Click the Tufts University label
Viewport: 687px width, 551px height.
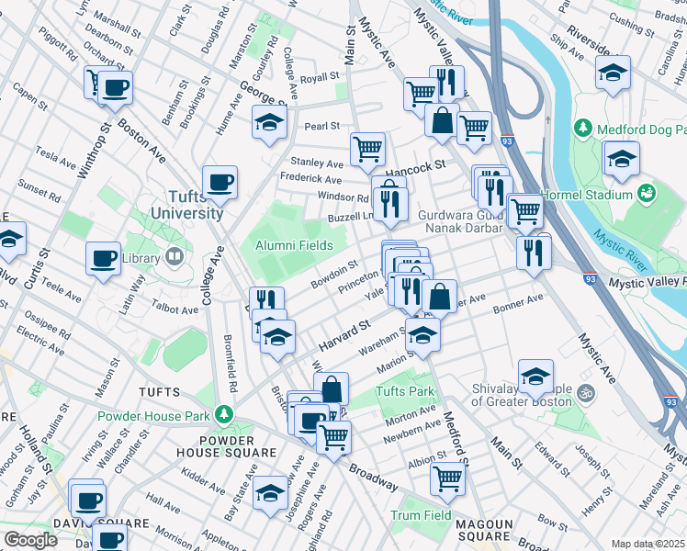tap(183, 205)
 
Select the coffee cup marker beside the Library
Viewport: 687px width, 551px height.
tap(103, 258)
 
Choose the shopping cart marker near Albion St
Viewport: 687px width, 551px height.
tap(447, 477)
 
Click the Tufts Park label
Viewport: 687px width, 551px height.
tap(403, 392)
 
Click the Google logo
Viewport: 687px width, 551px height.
tap(29, 540)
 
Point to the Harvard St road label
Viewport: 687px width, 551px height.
tap(343, 335)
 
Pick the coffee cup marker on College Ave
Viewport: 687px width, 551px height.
tap(220, 182)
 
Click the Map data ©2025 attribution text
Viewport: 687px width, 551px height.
tap(648, 544)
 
